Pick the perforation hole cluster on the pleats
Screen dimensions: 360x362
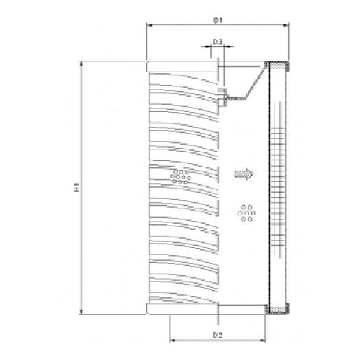181,174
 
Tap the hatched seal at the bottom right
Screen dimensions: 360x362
279,307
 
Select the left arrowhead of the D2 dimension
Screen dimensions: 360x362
172,343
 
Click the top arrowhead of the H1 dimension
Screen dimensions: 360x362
82,65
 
